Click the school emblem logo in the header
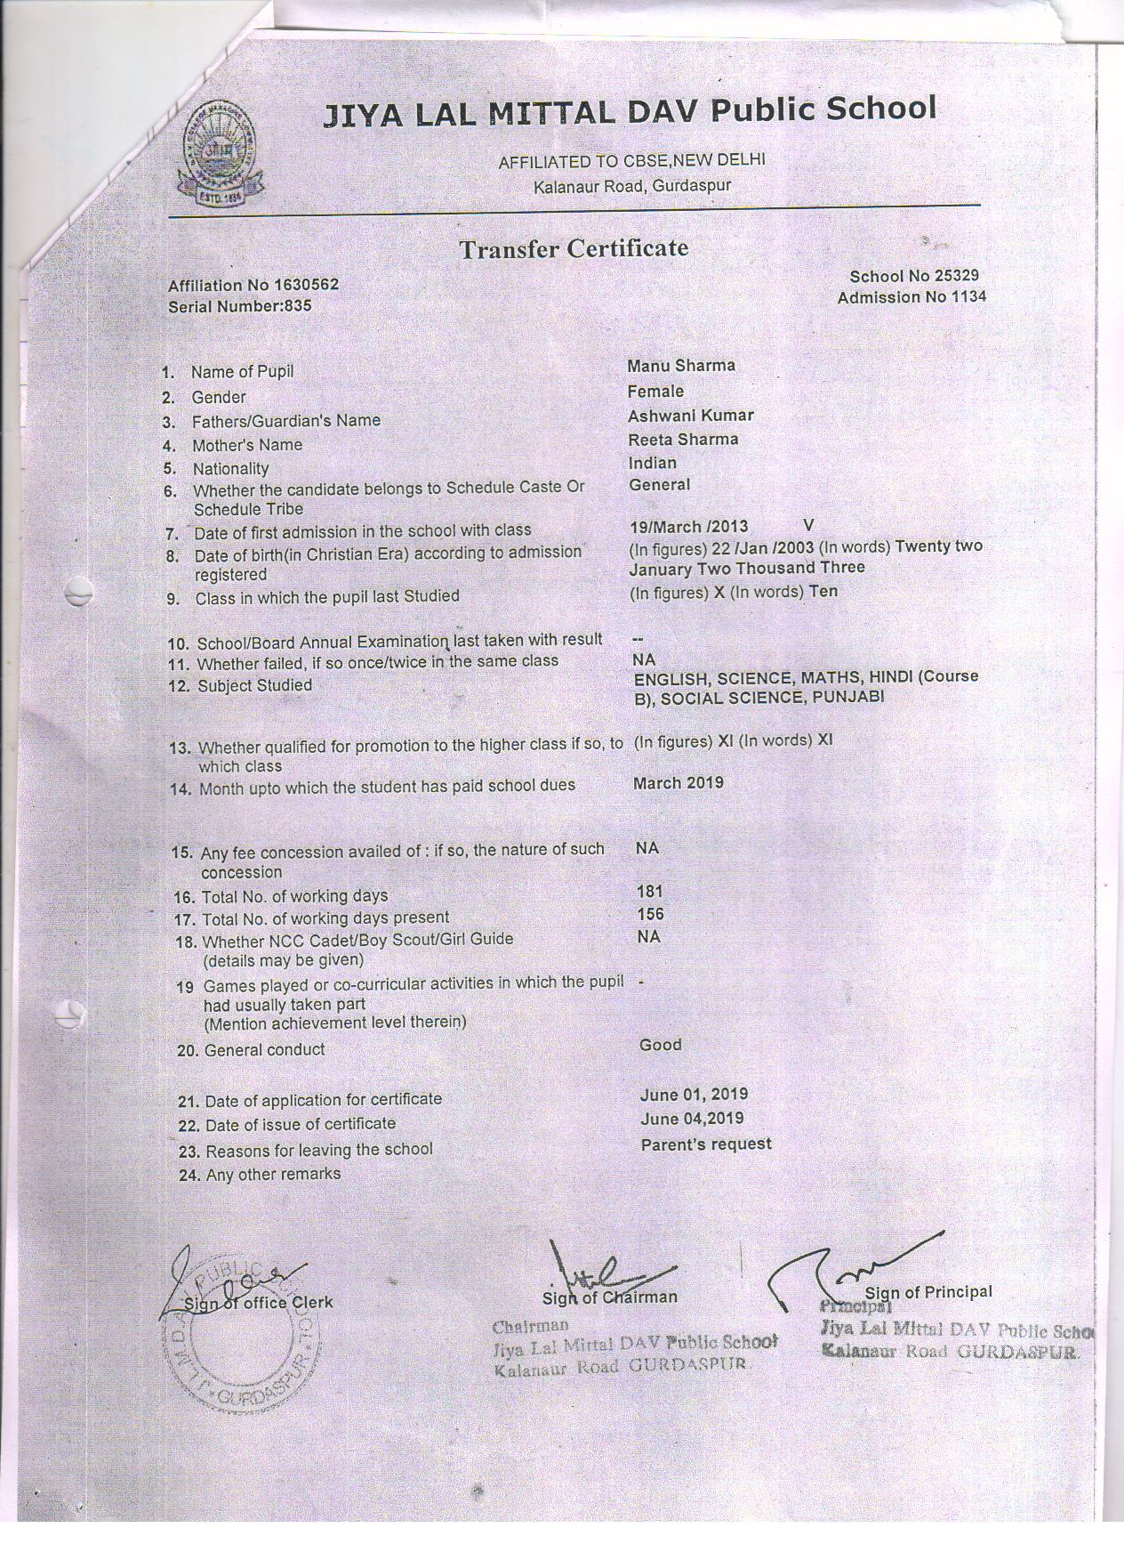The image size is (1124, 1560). (221, 158)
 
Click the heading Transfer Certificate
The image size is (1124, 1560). (574, 248)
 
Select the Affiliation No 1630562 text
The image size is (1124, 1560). (253, 285)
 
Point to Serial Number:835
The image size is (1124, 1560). (240, 306)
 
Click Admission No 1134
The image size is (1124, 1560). (911, 297)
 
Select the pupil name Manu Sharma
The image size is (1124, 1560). (681, 366)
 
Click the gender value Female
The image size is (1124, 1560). (655, 392)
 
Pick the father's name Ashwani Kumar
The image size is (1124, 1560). (691, 416)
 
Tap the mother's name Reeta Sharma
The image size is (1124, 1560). (683, 440)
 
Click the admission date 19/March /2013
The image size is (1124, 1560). (689, 527)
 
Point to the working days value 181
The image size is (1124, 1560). (650, 891)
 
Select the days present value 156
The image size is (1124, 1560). (650, 914)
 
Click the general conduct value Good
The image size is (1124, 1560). (661, 1045)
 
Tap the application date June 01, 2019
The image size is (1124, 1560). (694, 1095)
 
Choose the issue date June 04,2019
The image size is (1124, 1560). (692, 1119)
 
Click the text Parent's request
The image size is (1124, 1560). (706, 1144)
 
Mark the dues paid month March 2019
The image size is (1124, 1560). (678, 783)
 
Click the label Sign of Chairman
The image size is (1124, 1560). (610, 1297)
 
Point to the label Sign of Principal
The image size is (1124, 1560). (928, 1292)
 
